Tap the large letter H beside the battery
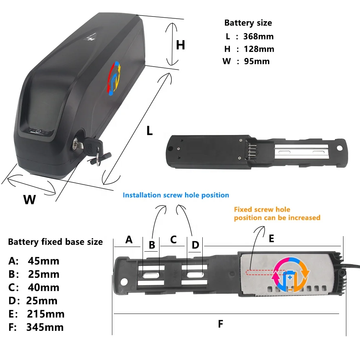[x=180, y=45]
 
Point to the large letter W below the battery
[x=30, y=199]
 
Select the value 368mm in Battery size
[x=258, y=36]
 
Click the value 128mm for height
[x=259, y=49]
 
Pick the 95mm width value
[x=256, y=61]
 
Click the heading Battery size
[x=248, y=23]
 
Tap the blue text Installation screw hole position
[x=176, y=195]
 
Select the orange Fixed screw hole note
[x=277, y=213]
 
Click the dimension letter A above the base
[x=129, y=240]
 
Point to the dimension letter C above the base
[x=174, y=239]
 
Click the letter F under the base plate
[x=221, y=324]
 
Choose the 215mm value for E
[x=45, y=314]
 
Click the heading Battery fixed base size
[x=55, y=242]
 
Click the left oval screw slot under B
[x=151, y=275]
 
